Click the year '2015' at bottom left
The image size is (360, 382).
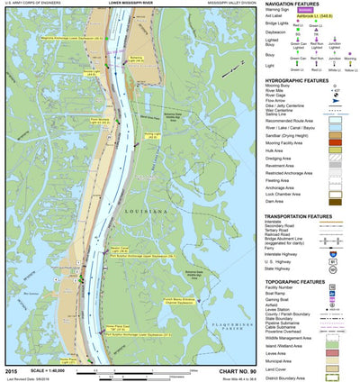point(11,369)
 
